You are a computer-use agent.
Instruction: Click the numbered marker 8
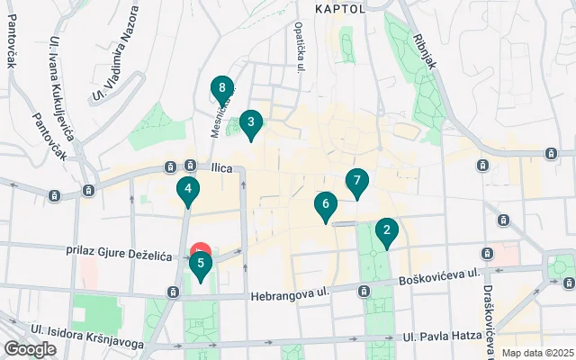(222, 89)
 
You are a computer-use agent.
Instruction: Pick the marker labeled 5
(200, 265)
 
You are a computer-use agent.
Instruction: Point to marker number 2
(387, 231)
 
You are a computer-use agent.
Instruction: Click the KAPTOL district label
(340, 9)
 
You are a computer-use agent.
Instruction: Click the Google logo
(30, 349)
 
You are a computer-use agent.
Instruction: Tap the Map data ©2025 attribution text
(536, 353)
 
